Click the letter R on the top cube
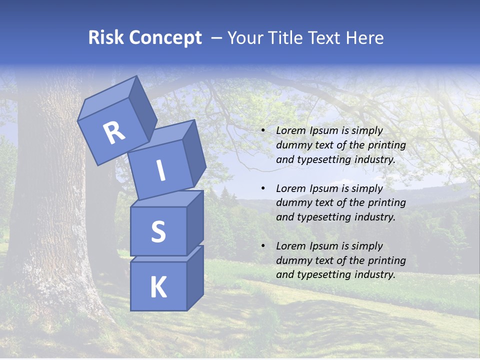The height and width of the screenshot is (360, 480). pyautogui.click(x=114, y=133)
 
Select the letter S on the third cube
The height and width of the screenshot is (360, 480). pyautogui.click(x=158, y=231)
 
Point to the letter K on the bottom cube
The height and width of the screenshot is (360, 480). pyautogui.click(x=158, y=287)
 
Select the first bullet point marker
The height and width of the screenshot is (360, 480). pyautogui.click(x=263, y=131)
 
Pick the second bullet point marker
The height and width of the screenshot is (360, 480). pyautogui.click(x=263, y=188)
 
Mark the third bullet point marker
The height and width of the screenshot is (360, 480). pyautogui.click(x=263, y=246)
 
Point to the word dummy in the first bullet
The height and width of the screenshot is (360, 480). pyautogui.click(x=291, y=145)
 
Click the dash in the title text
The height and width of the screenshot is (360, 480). pyautogui.click(x=217, y=38)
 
